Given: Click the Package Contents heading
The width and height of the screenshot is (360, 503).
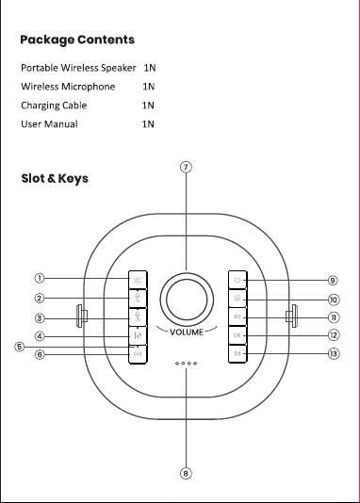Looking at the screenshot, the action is coord(77,40).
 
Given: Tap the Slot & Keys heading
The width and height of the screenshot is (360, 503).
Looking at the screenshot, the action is coord(55,178).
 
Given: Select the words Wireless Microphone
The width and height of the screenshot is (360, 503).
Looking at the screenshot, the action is coord(68,87).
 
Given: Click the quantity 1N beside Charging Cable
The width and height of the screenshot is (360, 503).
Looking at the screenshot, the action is coord(148,105).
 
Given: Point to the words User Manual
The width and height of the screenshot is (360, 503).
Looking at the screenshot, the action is coord(49,124).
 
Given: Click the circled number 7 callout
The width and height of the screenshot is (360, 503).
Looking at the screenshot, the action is coord(186,167).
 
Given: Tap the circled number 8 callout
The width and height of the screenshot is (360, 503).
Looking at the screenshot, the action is coord(186,474).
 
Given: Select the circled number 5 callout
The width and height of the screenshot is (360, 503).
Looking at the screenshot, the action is coord(19,347).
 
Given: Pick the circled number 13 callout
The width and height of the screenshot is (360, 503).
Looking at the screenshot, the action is coord(334,353).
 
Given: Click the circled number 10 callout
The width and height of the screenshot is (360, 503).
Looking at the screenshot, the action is coord(334,300).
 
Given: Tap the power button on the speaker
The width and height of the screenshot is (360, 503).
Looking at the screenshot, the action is coord(237,280).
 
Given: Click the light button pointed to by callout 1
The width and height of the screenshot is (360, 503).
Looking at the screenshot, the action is coord(138,280).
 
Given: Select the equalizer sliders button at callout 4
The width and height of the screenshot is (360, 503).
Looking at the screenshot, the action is coord(138,335).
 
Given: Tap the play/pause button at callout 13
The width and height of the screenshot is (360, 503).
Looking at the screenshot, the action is coord(237,353).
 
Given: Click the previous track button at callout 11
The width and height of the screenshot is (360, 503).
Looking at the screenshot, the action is coord(237,316).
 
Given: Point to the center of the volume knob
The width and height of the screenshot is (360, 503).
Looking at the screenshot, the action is coord(187,300).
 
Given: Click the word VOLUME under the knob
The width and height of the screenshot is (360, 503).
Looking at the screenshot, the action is coord(187,332).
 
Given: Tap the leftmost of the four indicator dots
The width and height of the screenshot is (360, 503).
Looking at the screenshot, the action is coord(177,364).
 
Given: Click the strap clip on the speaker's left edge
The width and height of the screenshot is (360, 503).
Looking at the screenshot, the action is coord(81,316).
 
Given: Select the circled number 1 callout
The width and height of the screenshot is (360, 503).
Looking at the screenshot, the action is coord(40,278).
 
